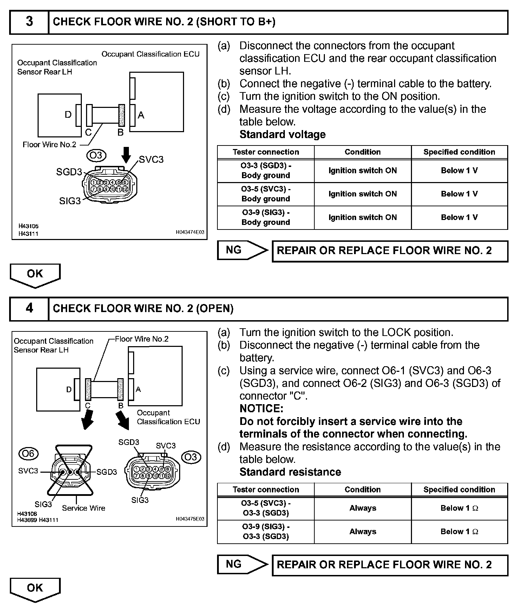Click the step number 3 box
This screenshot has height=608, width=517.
(x=30, y=22)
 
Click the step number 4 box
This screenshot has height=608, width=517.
(x=30, y=309)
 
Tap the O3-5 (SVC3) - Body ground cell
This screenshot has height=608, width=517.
(x=266, y=194)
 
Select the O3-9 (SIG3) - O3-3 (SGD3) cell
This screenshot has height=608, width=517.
(x=266, y=531)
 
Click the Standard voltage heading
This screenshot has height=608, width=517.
(x=282, y=135)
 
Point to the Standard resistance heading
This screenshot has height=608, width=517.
(x=290, y=472)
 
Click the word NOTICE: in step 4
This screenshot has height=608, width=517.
(x=261, y=409)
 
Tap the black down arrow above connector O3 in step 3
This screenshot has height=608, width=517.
(x=126, y=154)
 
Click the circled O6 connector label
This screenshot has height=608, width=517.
(x=28, y=454)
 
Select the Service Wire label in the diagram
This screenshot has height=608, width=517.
(x=84, y=508)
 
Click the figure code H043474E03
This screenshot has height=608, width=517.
(x=190, y=232)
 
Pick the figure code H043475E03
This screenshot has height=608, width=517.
(x=190, y=519)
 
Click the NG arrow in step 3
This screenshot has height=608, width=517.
(x=242, y=250)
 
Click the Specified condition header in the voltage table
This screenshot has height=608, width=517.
(x=459, y=152)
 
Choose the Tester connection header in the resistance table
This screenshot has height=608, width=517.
(x=266, y=490)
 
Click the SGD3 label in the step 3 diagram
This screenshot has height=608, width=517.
(x=69, y=172)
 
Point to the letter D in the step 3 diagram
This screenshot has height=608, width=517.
(x=68, y=115)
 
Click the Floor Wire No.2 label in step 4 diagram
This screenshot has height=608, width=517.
(x=142, y=339)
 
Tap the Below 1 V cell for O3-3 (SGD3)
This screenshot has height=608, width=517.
(x=459, y=171)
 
